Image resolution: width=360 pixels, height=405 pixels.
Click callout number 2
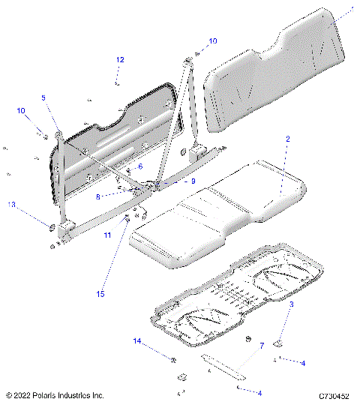coord(287,139)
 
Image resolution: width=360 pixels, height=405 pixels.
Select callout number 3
coord(292,305)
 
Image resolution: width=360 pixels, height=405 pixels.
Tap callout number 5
coord(43,97)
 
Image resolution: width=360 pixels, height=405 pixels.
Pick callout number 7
coord(262,346)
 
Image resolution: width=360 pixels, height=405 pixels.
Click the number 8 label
coord(118,196)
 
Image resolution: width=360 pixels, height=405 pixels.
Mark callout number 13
coord(11,205)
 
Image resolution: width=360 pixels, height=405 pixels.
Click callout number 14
coord(137,341)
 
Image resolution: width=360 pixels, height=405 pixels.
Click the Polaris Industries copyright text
coord(55,394)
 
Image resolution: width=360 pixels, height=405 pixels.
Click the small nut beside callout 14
coord(174,358)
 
